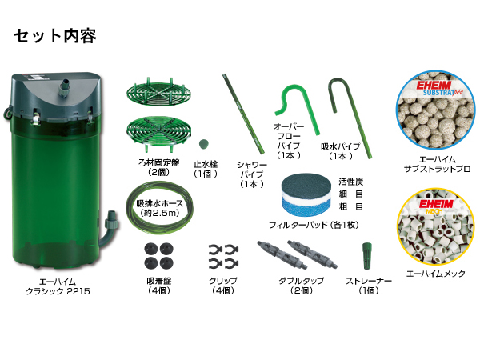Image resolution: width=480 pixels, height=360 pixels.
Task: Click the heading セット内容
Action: pyautogui.click(x=54, y=37)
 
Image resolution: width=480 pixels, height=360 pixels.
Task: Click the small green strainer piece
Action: pyautogui.click(x=367, y=255)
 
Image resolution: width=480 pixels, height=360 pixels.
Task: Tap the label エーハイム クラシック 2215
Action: pyautogui.click(x=57, y=287)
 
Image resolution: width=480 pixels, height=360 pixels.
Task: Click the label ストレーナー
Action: pyautogui.click(x=368, y=281)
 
